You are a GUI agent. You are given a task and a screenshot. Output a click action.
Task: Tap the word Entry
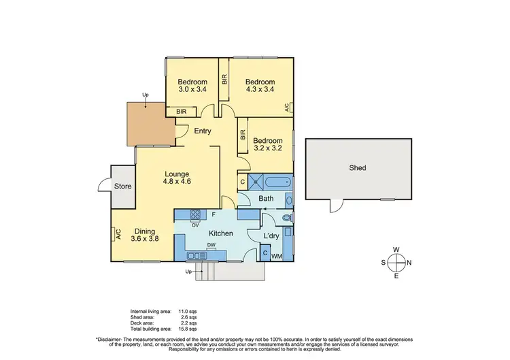[202, 131]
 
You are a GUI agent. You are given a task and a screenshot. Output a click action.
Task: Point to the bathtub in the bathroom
[278, 182]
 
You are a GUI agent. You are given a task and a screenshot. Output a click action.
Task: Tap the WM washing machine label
[277, 256]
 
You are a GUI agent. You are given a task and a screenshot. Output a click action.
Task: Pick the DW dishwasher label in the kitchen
[211, 246]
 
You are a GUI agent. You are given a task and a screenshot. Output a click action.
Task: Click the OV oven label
[195, 225]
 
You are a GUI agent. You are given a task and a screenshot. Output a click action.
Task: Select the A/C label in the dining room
[118, 235]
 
